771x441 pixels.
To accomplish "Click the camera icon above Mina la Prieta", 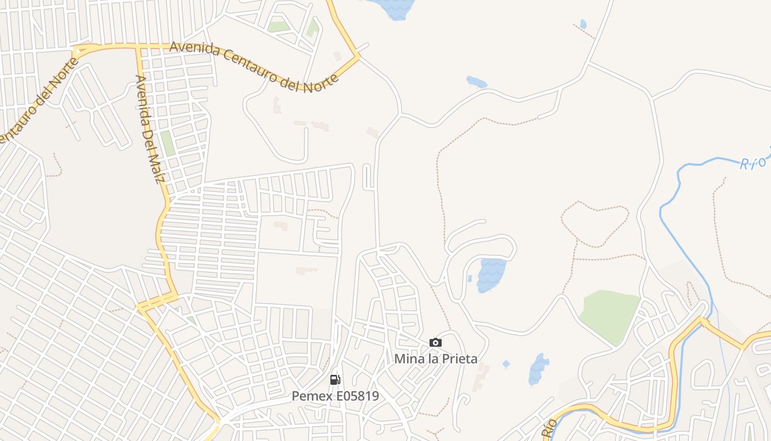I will [436, 343].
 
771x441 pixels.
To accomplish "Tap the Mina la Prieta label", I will [436, 359].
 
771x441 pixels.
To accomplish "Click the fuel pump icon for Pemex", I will [335, 380].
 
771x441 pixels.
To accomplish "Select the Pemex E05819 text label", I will [335, 396].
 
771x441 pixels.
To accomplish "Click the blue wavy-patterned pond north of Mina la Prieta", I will [491, 275].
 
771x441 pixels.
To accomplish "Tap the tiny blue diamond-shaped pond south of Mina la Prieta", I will [506, 364].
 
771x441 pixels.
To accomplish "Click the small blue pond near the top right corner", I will [583, 24].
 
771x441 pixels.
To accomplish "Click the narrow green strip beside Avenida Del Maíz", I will [167, 143].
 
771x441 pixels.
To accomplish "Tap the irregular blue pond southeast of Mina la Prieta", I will [538, 369].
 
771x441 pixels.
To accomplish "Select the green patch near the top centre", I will [278, 26].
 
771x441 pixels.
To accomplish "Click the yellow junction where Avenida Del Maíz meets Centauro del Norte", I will [138, 48].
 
